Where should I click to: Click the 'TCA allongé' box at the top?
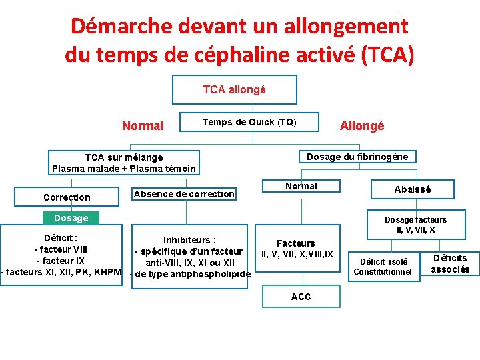234,89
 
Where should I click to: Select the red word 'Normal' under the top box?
143,126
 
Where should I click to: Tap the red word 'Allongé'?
362,126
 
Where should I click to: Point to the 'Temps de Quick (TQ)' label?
249,122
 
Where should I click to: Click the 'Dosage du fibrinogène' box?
357,157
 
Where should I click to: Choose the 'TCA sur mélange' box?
124,163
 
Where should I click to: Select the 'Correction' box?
67,197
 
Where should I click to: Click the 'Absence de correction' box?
184,194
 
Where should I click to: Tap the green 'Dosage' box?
71,218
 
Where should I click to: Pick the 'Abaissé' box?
413,189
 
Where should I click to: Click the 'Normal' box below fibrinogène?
301,187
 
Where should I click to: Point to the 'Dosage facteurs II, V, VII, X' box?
415,225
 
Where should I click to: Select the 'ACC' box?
301,297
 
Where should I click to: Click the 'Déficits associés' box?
450,263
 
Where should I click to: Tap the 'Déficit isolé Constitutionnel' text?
384,267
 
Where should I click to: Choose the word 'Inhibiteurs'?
189,240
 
